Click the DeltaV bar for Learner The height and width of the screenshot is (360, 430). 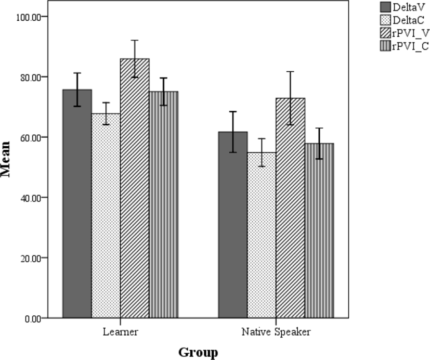pyautogui.click(x=77, y=203)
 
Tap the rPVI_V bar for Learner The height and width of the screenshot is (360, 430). pyautogui.click(x=135, y=188)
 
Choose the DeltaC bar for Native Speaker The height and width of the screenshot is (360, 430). pyautogui.click(x=262, y=235)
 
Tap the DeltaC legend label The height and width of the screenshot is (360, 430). pyautogui.click(x=410, y=21)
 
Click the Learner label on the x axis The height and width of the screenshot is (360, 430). pyautogui.click(x=121, y=331)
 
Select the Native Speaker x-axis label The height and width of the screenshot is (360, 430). pyautogui.click(x=276, y=331)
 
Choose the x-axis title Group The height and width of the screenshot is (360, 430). pyautogui.click(x=198, y=352)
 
